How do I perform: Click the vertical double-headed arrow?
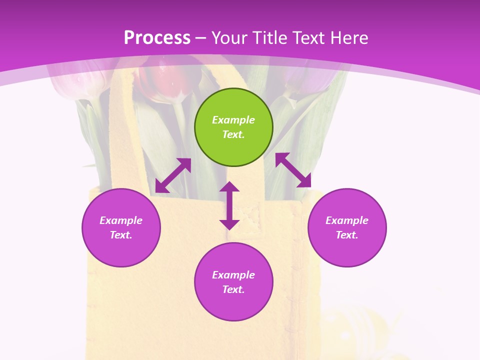[x=229, y=205]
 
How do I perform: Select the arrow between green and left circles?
[x=173, y=175]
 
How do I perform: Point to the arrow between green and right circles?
[x=293, y=170]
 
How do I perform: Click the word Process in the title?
[x=157, y=37]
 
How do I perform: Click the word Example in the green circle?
[x=233, y=120]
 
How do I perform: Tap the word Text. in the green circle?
[x=233, y=134]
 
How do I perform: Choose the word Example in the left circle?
[x=121, y=220]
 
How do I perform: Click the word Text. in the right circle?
[x=347, y=235]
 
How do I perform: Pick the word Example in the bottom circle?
[x=233, y=275]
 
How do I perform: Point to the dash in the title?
[x=201, y=38]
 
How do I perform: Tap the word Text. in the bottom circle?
[x=233, y=289]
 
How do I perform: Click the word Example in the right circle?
[x=347, y=220]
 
